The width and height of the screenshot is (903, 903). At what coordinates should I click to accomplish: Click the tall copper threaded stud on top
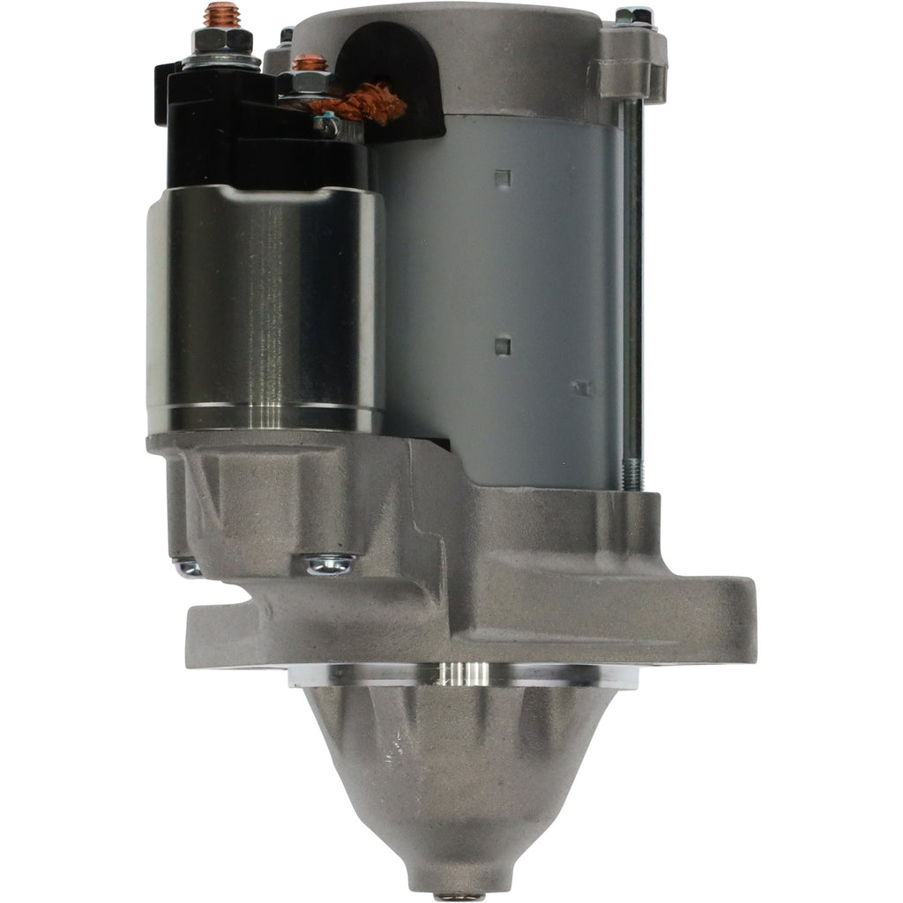[220, 15]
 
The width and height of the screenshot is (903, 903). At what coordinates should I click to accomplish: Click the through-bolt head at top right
[634, 15]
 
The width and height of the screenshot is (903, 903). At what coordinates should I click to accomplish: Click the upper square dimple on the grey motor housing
[503, 179]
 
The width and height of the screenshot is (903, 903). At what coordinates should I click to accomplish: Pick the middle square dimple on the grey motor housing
[503, 346]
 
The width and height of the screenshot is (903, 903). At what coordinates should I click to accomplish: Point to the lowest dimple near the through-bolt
[582, 388]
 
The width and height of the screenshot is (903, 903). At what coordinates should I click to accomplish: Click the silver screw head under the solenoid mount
[331, 564]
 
